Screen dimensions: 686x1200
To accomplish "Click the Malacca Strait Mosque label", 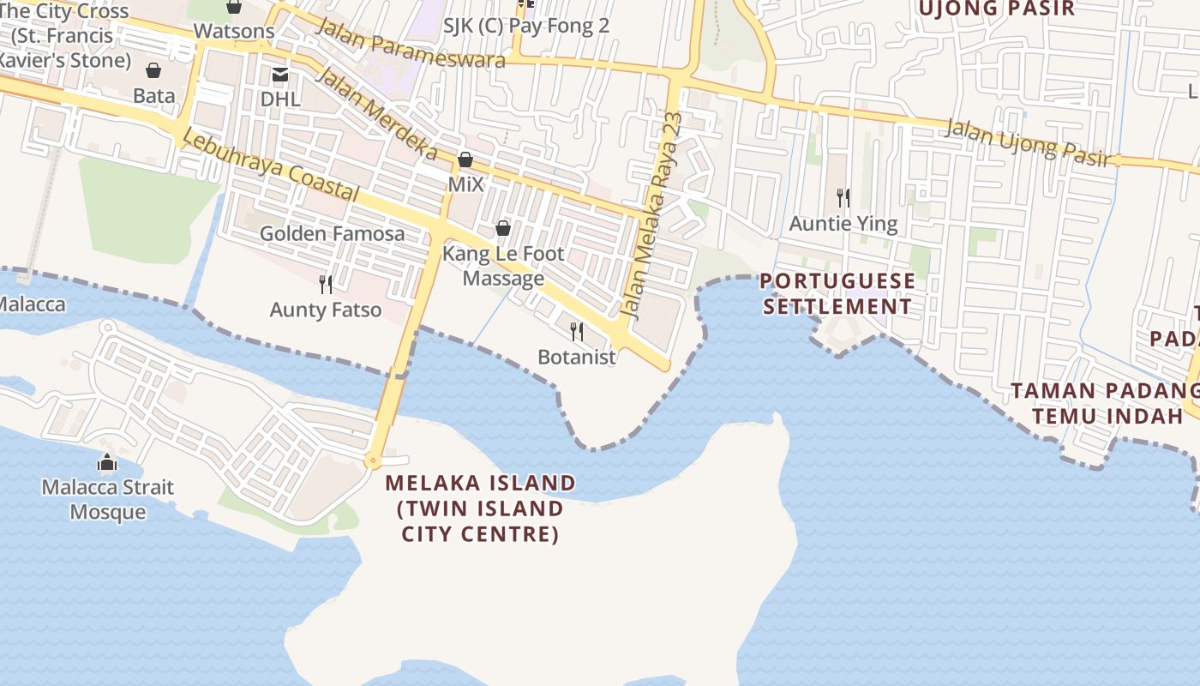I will [108, 500].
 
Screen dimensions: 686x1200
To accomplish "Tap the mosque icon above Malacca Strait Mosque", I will [107, 463].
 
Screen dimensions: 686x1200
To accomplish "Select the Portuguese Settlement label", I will [837, 294].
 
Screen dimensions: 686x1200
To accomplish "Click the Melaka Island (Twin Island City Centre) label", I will [481, 508].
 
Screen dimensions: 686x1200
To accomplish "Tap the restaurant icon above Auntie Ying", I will [843, 198].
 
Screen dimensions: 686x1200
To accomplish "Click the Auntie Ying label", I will [843, 224].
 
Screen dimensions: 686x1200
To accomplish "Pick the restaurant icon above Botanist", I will [577, 331].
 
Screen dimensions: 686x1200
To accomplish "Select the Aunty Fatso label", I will [326, 310].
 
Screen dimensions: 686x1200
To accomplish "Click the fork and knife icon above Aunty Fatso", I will [326, 284].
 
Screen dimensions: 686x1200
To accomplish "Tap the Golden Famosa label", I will [333, 233].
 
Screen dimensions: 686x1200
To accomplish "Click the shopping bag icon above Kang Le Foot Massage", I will [503, 228].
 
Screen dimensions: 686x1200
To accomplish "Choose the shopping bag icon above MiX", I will [465, 159].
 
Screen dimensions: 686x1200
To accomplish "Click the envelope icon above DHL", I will [280, 75].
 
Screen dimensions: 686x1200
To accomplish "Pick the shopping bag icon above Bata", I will [153, 70].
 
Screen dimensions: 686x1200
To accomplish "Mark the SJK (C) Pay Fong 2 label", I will [526, 26].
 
